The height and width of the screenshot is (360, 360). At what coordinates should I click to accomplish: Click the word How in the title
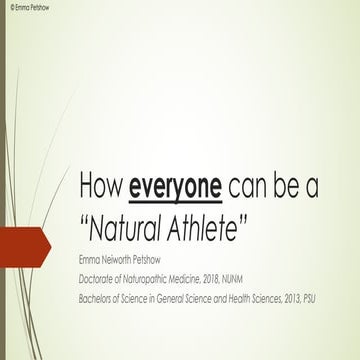point(102,187)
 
